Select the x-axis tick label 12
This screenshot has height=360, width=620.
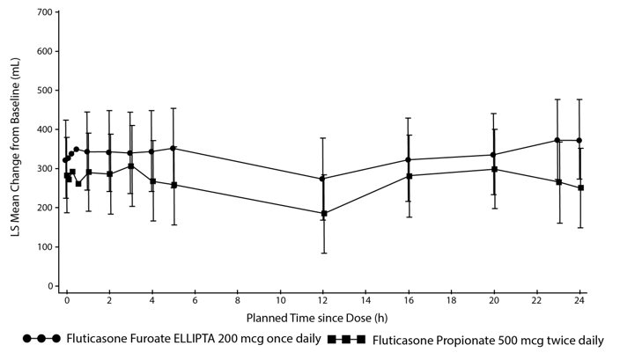click(x=323, y=301)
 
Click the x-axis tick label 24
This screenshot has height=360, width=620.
click(x=579, y=301)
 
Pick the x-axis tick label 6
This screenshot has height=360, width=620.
click(x=195, y=301)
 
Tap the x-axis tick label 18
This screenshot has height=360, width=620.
click(x=451, y=301)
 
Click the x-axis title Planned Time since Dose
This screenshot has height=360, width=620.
click(x=322, y=317)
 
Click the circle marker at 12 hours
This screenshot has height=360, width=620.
click(x=323, y=179)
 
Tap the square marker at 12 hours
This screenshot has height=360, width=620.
click(x=323, y=213)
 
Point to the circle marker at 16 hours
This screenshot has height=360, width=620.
click(x=409, y=159)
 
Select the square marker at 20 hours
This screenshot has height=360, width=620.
click(x=494, y=169)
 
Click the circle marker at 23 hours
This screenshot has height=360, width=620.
click(x=558, y=140)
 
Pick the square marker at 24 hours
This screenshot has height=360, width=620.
click(x=579, y=187)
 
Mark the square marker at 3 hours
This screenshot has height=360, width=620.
click(x=130, y=165)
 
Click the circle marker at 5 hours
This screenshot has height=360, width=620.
click(x=173, y=148)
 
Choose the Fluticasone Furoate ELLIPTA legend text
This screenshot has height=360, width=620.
click(x=190, y=339)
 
